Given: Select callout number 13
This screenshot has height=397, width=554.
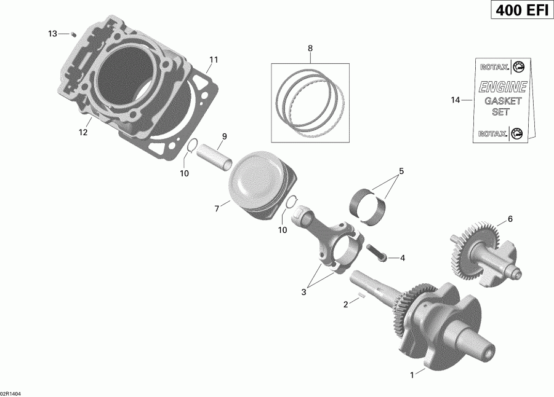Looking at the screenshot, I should (x=52, y=33).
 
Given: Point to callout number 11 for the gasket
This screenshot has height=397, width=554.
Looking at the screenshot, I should (x=214, y=60).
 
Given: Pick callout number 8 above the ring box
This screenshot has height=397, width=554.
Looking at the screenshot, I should (x=310, y=48).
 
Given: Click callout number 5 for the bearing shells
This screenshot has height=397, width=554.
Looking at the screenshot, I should (x=401, y=171).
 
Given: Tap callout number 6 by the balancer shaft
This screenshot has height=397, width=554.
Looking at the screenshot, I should (x=509, y=218).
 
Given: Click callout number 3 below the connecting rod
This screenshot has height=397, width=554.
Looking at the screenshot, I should (x=303, y=293).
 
